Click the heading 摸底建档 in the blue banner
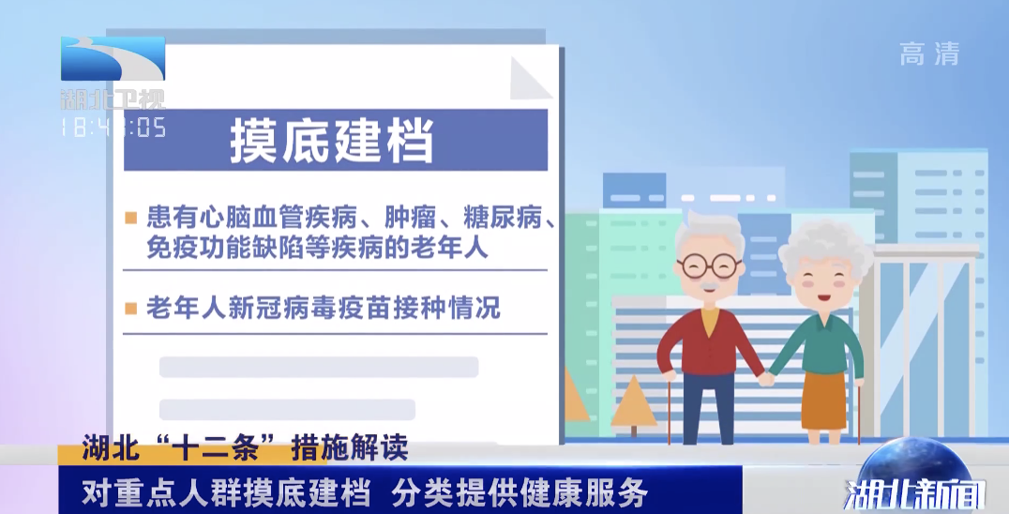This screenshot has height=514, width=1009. pos(331,141)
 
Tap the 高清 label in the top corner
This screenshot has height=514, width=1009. pos(929,54)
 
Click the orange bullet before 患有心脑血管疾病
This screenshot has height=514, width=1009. pos(130,219)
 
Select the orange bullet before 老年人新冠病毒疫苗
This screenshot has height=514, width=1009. pos(130,309)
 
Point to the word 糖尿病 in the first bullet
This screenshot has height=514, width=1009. pos(503,219)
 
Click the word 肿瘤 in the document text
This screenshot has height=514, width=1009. pos(410,219)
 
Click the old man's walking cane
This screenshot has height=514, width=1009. pos(670,411)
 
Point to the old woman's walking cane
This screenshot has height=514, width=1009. pos(858,412)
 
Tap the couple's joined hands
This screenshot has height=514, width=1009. pos(766,378)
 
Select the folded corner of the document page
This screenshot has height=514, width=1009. pos(530,78)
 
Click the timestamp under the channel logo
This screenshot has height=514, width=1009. pos(113,127)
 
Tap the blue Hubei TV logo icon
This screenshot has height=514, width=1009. pos(113,58)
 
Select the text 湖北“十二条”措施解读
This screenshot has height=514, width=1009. pos(245,447)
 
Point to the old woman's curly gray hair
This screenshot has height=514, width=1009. pos(825,246)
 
